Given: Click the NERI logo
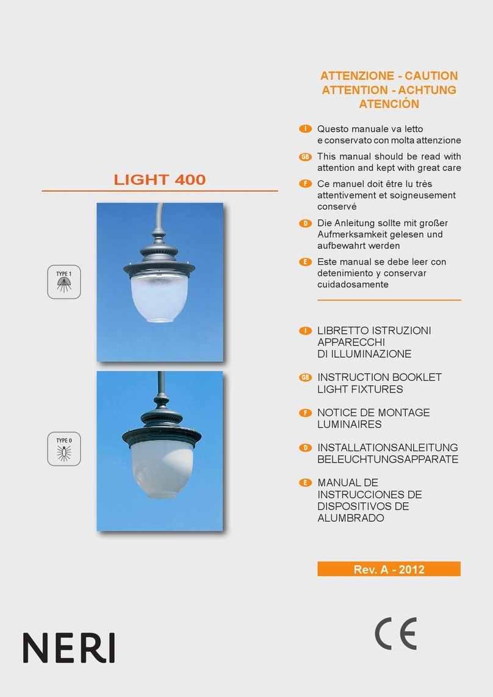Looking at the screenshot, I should (69, 648).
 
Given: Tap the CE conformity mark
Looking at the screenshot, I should (395, 633).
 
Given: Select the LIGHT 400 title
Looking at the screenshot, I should (160, 179).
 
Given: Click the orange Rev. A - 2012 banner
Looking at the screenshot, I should (389, 569).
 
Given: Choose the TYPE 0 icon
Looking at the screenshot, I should (64, 449).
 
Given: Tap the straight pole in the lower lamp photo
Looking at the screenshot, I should (160, 381).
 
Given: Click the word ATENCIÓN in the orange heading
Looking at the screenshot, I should (389, 104).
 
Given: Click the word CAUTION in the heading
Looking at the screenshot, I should (430, 76).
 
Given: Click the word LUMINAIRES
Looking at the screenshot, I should (350, 424).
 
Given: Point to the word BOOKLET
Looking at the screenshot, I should (414, 377).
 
